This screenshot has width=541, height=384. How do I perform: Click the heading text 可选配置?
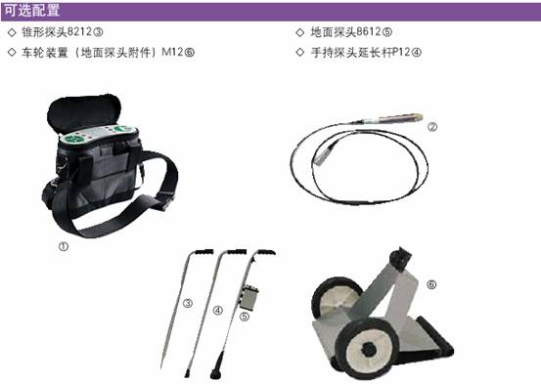(31, 11)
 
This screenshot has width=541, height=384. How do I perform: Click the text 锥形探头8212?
(57, 32)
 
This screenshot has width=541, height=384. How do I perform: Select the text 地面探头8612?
(345, 32)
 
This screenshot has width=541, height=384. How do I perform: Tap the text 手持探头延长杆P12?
(361, 53)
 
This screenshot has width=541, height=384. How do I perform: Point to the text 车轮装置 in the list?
(44, 53)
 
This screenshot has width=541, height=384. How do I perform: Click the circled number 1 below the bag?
(64, 246)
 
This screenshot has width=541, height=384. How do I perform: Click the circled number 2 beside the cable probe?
(432, 127)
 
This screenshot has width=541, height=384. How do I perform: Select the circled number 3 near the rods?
(188, 303)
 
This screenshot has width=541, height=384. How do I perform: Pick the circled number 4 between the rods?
(218, 311)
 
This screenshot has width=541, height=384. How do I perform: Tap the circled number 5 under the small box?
(245, 317)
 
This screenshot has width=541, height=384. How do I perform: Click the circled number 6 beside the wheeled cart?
(431, 284)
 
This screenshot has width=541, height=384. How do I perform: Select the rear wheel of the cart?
(334, 299)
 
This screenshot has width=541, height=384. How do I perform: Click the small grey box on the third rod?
(249, 297)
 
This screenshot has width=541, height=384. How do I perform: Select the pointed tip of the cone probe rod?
(161, 367)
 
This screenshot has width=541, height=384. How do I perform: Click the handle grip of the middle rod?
(236, 252)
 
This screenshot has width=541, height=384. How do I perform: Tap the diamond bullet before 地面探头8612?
(300, 32)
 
